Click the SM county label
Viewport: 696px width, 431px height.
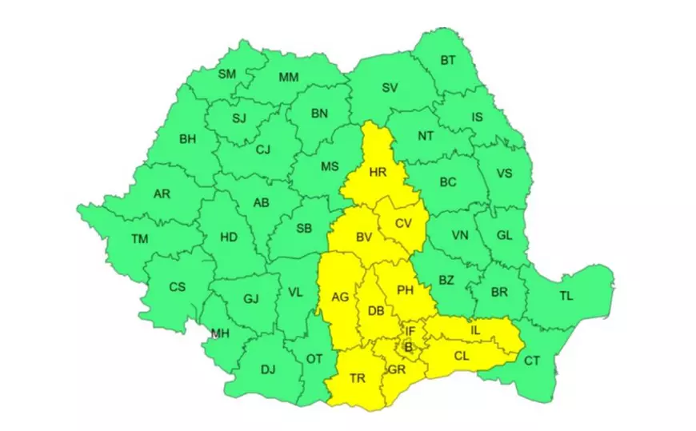click(227, 74)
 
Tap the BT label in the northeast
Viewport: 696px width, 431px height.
click(448, 60)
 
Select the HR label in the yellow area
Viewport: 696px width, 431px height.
click(378, 172)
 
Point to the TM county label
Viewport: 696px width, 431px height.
click(139, 238)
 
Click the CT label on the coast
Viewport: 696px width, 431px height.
click(532, 361)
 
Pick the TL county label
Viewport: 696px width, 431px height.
click(566, 297)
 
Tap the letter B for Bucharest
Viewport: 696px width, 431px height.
click(408, 346)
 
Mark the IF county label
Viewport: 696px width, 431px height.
click(410, 330)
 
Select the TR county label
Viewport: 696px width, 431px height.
click(358, 378)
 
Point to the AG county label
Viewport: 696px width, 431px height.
click(340, 297)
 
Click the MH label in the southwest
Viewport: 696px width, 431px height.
click(219, 333)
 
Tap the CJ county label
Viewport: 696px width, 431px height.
click(263, 150)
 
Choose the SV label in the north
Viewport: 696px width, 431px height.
click(390, 88)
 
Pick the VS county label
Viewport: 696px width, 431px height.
click(504, 174)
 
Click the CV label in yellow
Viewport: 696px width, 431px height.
click(403, 224)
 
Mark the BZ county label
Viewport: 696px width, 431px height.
click(446, 281)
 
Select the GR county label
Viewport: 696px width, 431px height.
click(397, 369)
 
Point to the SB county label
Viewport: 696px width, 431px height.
click(304, 229)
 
